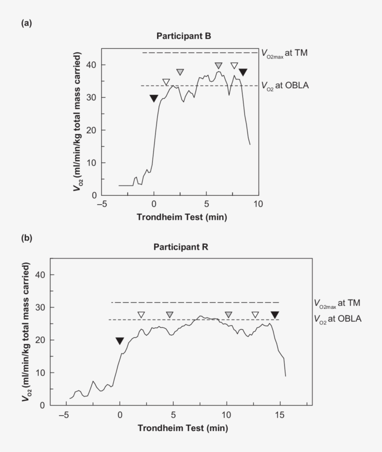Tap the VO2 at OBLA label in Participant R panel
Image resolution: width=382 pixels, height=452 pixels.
pyautogui.click(x=337, y=319)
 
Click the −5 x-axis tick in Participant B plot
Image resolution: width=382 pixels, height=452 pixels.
pyautogui.click(x=102, y=204)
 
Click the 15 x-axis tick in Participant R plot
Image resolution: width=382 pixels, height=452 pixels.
pyautogui.click(x=280, y=414)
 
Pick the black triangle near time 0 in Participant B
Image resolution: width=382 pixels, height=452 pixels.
pyautogui.click(x=154, y=98)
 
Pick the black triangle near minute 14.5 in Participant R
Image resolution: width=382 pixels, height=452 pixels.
pyautogui.click(x=275, y=315)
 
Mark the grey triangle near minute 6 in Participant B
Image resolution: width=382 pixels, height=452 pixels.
pyautogui.click(x=218, y=66)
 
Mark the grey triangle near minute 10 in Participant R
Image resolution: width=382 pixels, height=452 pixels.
pyautogui.click(x=228, y=315)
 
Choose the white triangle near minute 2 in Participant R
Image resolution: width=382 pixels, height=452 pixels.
pyautogui.click(x=141, y=315)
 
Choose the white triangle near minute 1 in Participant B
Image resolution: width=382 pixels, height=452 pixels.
pyautogui.click(x=166, y=82)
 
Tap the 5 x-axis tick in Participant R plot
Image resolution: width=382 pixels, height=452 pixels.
pyautogui.click(x=173, y=414)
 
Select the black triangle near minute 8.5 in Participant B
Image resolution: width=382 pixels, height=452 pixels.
pyautogui.click(x=243, y=72)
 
